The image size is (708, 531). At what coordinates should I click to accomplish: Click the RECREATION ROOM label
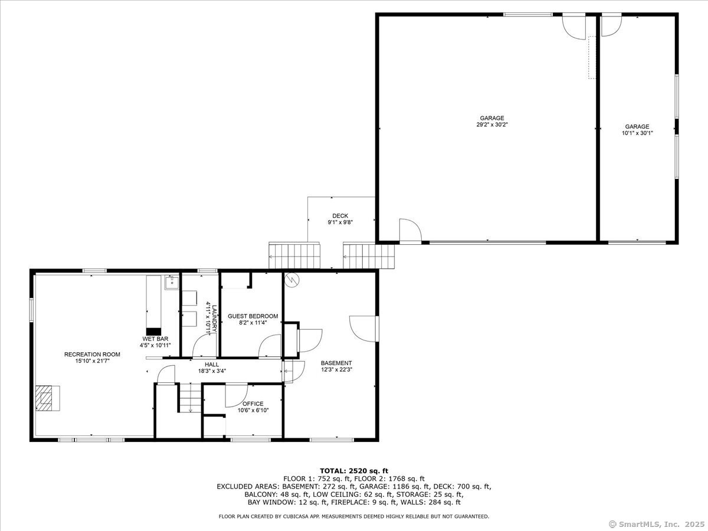pyautogui.click(x=92, y=355)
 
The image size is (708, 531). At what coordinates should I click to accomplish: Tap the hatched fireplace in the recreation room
pyautogui.click(x=44, y=398)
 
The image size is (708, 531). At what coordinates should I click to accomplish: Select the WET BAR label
pyautogui.click(x=156, y=339)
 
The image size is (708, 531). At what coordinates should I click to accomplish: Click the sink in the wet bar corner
pyautogui.click(x=172, y=283)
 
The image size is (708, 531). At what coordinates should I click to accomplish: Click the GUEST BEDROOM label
pyautogui.click(x=253, y=316)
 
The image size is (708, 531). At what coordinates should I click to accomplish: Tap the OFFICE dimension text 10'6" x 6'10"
pyautogui.click(x=253, y=410)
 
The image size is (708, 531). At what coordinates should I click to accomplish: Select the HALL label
pyautogui.click(x=212, y=364)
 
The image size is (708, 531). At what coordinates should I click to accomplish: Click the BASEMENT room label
pyautogui.click(x=336, y=363)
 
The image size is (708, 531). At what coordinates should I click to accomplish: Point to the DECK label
pyautogui.click(x=340, y=216)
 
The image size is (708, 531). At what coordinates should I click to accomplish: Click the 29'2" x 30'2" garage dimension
pyautogui.click(x=492, y=124)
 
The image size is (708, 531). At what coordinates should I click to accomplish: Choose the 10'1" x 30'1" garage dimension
pyautogui.click(x=637, y=133)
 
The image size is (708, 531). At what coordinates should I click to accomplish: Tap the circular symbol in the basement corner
pyautogui.click(x=292, y=280)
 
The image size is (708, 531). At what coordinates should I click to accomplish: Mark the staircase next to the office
pyautogui.click(x=191, y=398)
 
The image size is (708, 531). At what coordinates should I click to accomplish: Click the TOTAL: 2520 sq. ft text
pyautogui.click(x=354, y=471)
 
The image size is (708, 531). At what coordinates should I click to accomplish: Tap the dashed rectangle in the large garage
pyautogui.click(x=592, y=57)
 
